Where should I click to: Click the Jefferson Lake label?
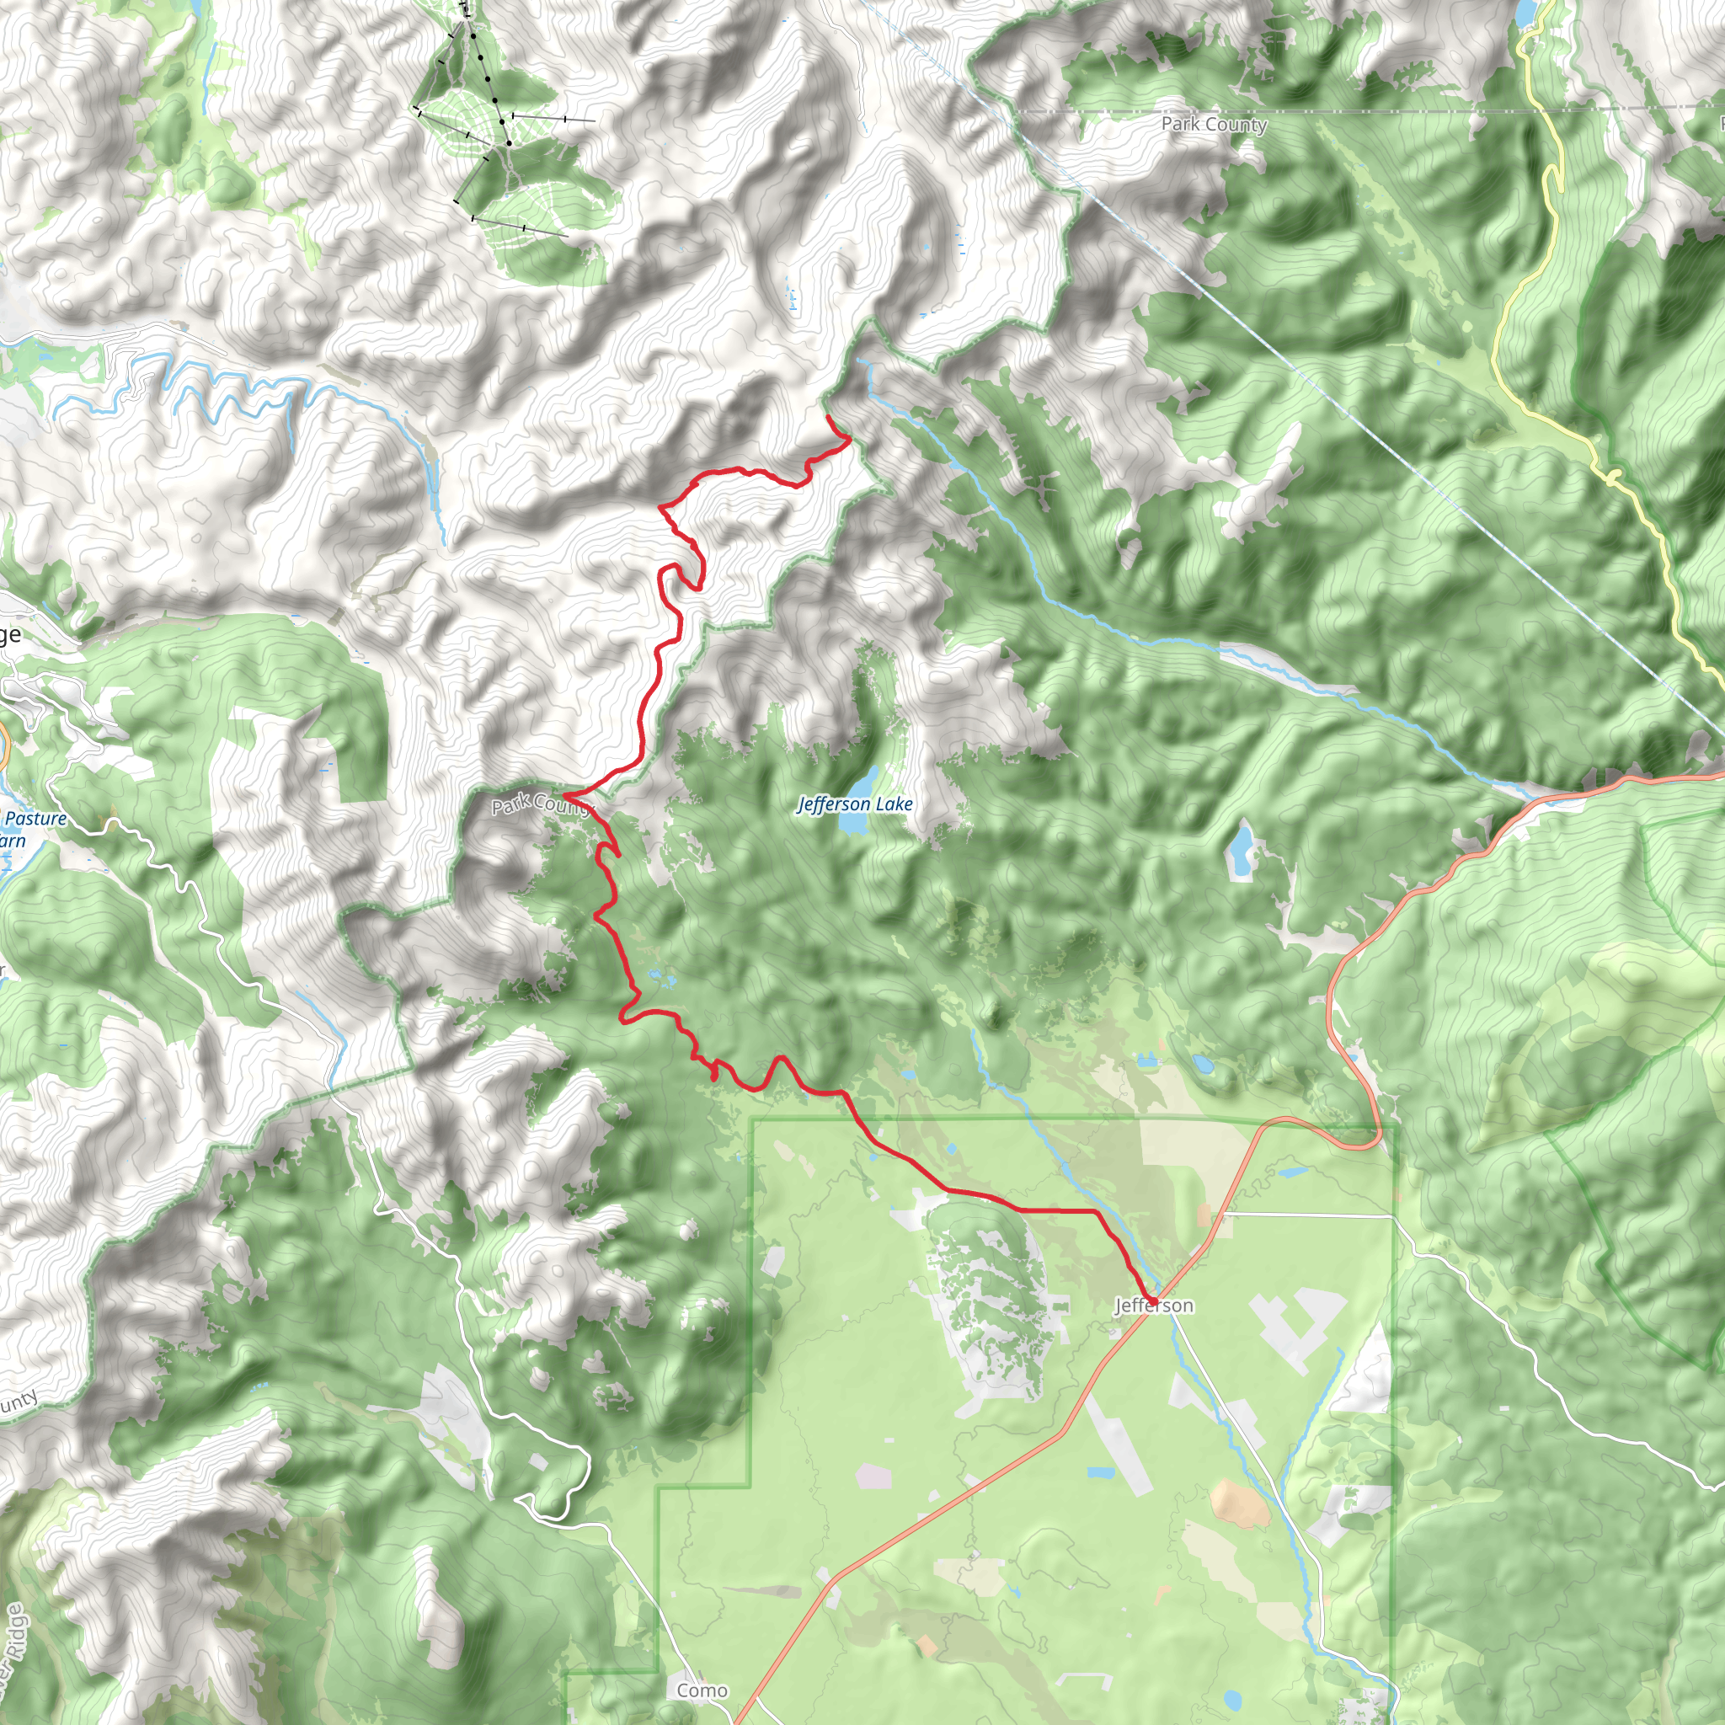[x=854, y=804]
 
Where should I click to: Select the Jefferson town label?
[x=1154, y=1306]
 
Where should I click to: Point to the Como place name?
[x=702, y=1690]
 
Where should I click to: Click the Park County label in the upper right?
[x=1214, y=124]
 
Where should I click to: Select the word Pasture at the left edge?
[x=35, y=818]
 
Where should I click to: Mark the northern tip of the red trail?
[x=828, y=417]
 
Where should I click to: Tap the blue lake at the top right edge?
[x=1526, y=12]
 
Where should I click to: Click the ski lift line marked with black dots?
[x=489, y=80]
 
